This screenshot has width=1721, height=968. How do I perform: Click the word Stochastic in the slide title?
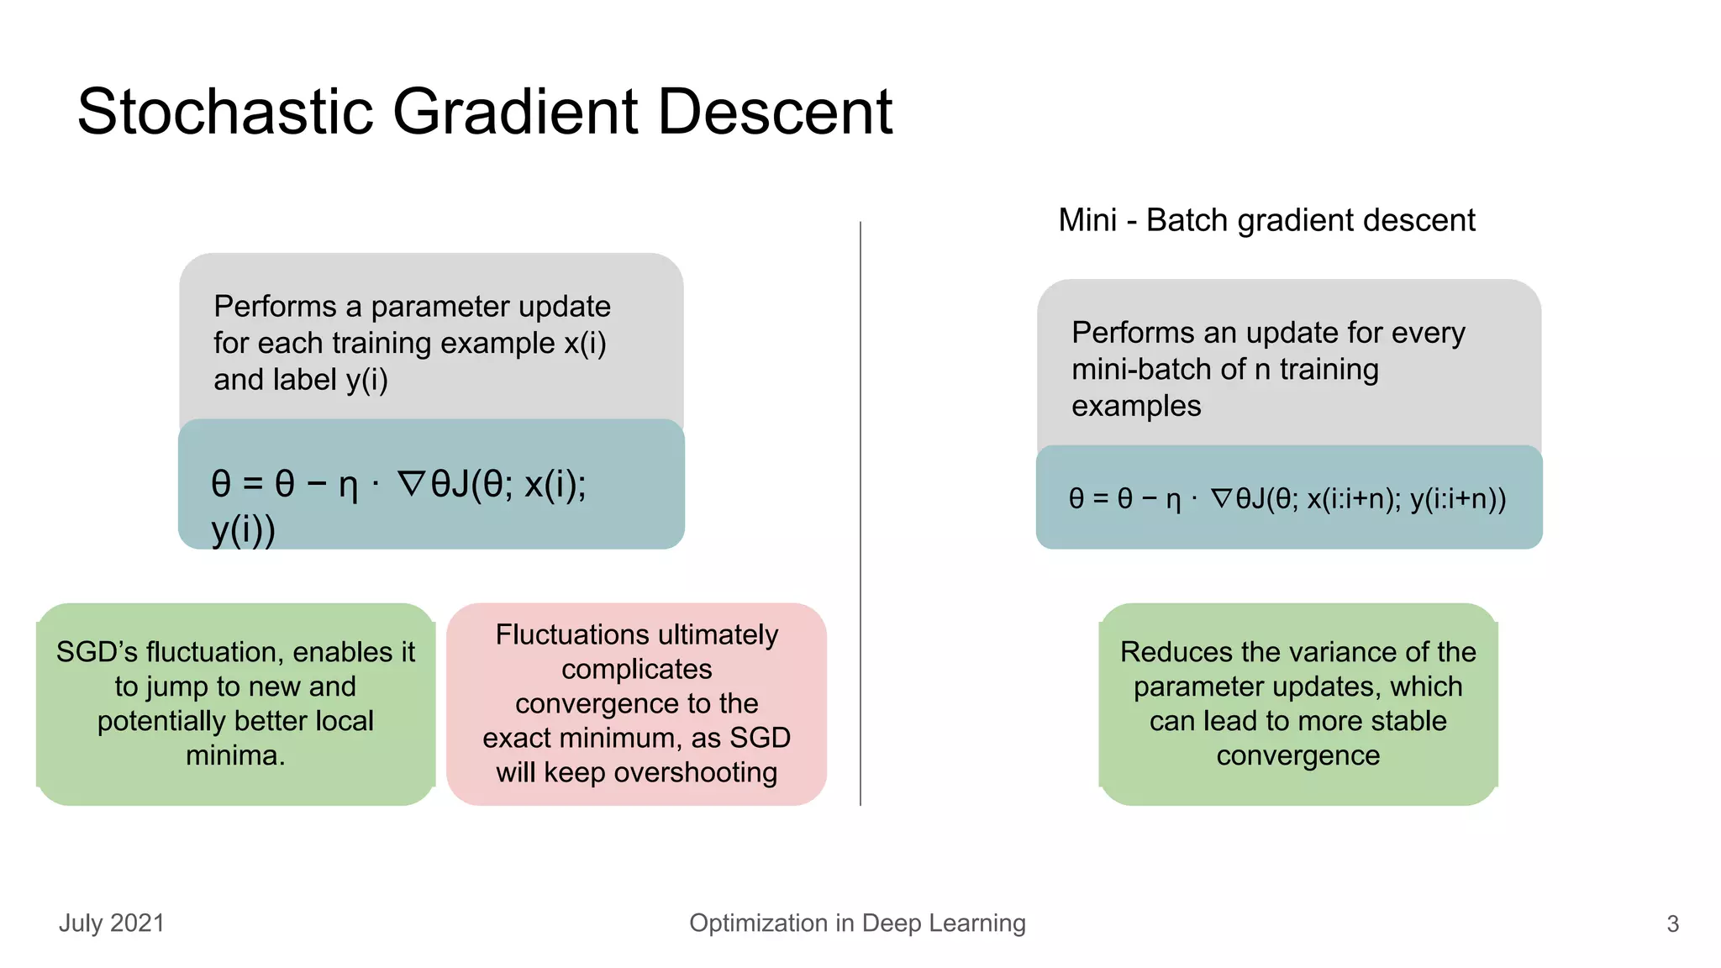point(225,112)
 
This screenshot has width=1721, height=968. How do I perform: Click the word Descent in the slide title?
point(774,112)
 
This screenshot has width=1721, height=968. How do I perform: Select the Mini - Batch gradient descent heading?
point(1266,220)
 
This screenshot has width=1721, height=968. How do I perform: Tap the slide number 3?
point(1672,924)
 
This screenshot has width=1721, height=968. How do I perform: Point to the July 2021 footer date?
point(112,923)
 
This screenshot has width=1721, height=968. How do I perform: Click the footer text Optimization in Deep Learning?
point(857,923)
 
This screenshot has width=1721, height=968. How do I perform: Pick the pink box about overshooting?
point(636,703)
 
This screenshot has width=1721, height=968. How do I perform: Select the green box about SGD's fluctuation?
point(235,703)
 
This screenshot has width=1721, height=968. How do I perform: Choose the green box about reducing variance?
point(1297,703)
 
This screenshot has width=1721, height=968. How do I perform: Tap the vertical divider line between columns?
point(860,513)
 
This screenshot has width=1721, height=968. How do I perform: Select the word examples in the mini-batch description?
point(1136,406)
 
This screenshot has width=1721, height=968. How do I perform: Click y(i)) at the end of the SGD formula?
point(244,529)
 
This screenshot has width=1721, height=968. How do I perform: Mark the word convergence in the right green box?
point(1297,755)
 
